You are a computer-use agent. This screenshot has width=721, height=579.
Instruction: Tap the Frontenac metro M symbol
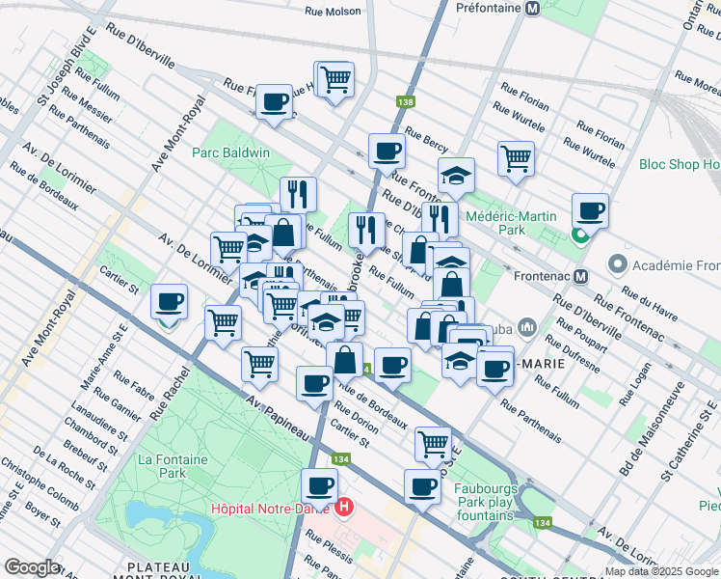(580, 276)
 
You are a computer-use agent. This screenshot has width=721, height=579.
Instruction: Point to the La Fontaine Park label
(173, 467)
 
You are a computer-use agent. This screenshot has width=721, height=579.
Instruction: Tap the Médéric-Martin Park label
(510, 223)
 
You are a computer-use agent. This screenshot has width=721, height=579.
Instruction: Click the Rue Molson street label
(333, 12)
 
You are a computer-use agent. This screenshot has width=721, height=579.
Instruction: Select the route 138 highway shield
(405, 100)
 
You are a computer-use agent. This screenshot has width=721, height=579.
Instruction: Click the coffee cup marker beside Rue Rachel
(170, 302)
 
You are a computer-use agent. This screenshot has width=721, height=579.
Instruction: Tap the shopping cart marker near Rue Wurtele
(517, 157)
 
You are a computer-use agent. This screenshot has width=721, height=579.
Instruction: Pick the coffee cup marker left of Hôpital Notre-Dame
(319, 485)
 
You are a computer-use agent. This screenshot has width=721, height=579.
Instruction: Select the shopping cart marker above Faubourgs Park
(433, 443)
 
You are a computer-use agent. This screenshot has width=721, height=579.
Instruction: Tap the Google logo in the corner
(32, 567)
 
